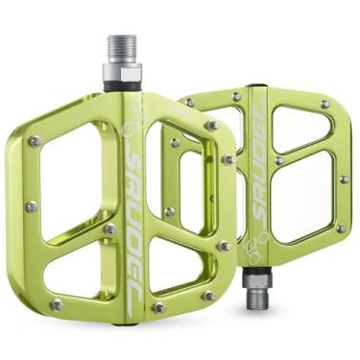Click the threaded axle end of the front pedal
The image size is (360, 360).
click(123, 49)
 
